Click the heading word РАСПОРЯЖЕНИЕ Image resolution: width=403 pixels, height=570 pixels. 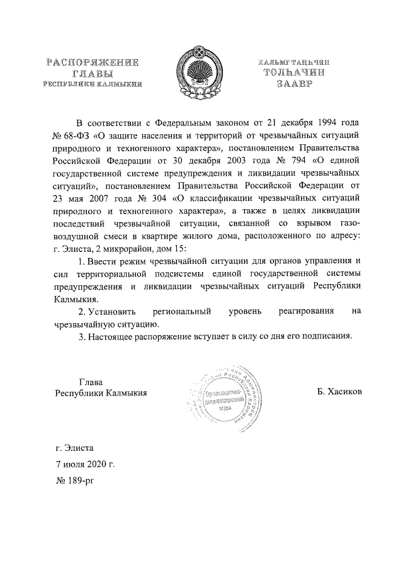(x=92, y=63)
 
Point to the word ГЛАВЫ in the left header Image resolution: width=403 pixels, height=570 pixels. (x=92, y=74)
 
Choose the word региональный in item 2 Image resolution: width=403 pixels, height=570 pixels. (x=183, y=311)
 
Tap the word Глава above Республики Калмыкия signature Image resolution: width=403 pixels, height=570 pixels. (x=90, y=381)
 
